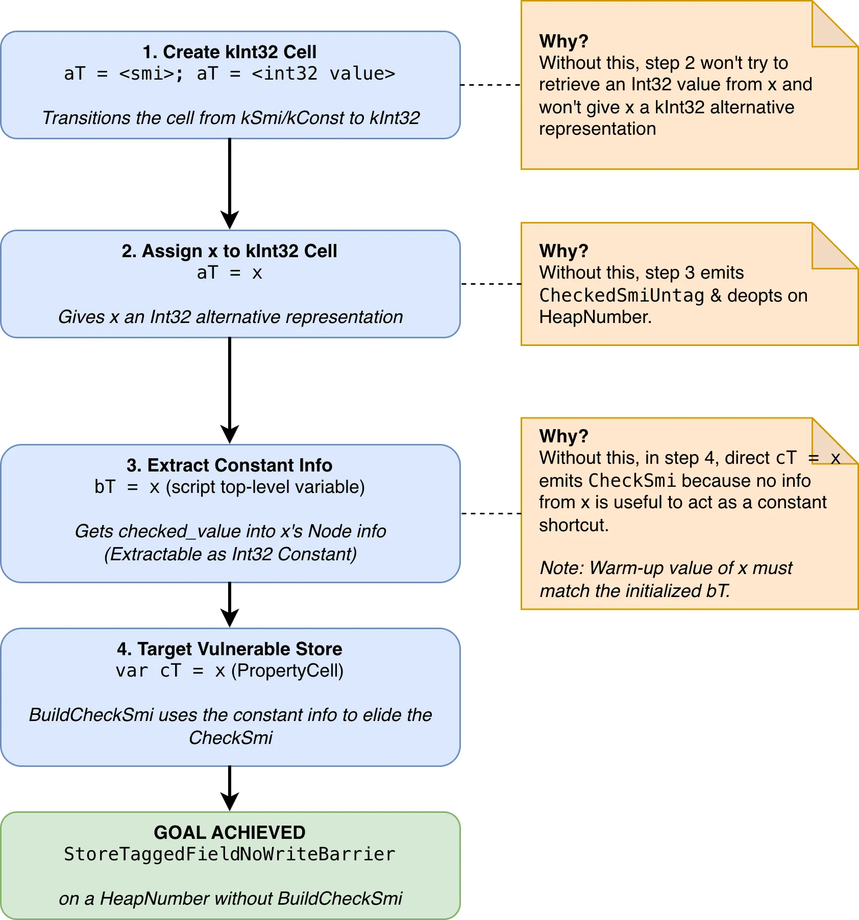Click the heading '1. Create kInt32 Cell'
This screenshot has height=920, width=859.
click(x=230, y=52)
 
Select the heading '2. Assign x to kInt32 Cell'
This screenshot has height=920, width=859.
click(x=230, y=251)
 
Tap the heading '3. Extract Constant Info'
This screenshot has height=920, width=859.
click(x=230, y=465)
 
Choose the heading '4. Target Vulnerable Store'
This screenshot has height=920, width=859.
click(x=230, y=649)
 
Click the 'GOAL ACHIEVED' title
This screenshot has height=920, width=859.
click(x=230, y=833)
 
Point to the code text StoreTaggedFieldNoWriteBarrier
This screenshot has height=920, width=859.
click(x=230, y=854)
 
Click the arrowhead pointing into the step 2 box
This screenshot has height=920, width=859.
click(x=230, y=220)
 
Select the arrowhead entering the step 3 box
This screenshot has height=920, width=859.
click(x=230, y=435)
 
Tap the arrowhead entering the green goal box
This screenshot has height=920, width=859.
click(x=230, y=802)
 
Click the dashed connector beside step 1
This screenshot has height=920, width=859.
click(x=490, y=85)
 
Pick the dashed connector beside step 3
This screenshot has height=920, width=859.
click(x=490, y=513)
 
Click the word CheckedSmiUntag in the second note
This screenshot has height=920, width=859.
click(x=622, y=295)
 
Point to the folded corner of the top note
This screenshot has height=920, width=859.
click(x=835, y=23)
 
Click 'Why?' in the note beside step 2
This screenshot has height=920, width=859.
click(x=564, y=251)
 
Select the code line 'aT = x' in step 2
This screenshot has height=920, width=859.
click(x=230, y=273)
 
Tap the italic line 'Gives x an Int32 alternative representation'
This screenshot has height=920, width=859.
click(x=231, y=317)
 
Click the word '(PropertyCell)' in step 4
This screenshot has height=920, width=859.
click(x=287, y=671)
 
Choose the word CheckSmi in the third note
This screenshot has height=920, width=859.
click(x=632, y=481)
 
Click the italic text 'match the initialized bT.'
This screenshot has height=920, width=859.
click(x=635, y=591)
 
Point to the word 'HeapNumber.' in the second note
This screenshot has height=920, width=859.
click(x=596, y=317)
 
